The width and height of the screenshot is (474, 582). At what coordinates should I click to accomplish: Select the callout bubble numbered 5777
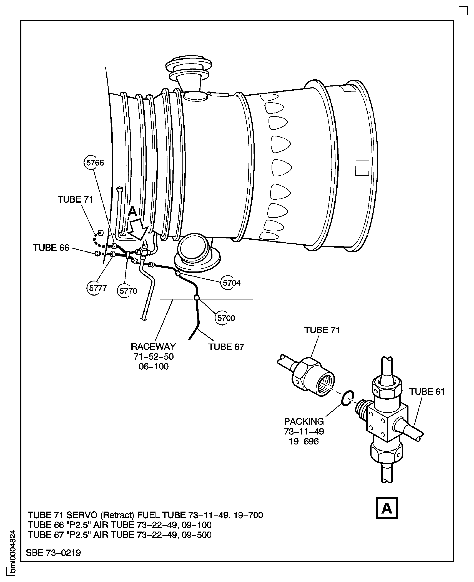coord(97,288)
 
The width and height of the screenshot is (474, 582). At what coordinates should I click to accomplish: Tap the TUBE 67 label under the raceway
coord(226,347)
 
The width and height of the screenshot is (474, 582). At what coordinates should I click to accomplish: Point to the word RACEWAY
coord(154,347)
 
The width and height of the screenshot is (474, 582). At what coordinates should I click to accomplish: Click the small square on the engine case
coord(362,168)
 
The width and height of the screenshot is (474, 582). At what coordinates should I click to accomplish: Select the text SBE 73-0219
coord(54,553)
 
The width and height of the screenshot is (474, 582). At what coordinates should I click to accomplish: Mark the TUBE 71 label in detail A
coord(322,330)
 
